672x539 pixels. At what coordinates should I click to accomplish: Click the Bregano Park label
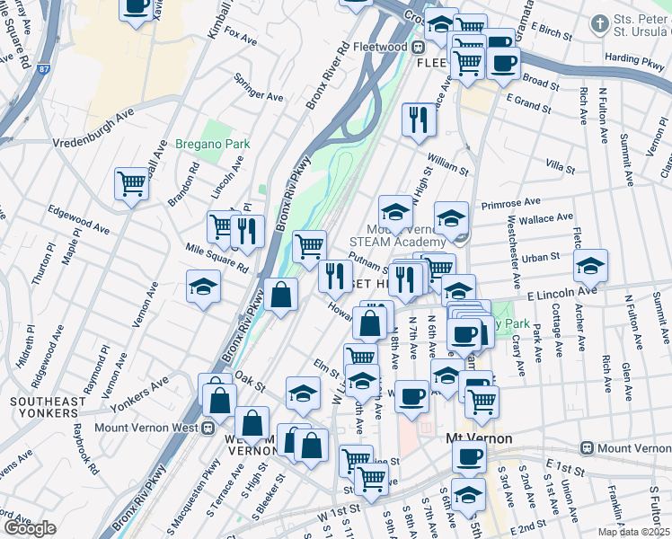point(213,144)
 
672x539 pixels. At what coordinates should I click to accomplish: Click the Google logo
point(30,528)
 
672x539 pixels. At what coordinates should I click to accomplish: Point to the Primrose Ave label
point(508,203)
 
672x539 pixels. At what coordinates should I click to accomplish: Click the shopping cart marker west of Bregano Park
point(132,183)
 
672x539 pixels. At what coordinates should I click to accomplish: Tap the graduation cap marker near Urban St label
point(590,265)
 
